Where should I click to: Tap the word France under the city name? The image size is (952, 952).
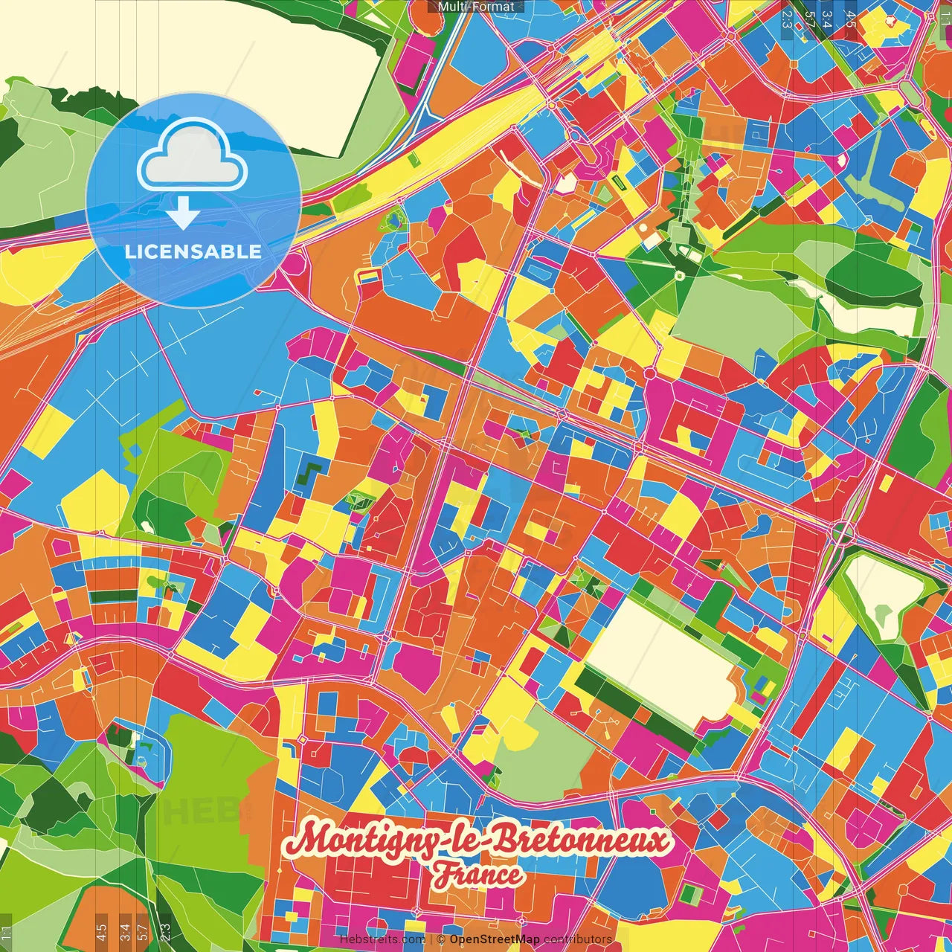tap(479, 875)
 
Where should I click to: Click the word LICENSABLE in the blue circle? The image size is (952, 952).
tap(193, 251)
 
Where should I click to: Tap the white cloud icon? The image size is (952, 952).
tap(193, 158)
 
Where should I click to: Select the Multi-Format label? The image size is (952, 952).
tap(475, 7)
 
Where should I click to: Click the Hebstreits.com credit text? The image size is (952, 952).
tap(382, 939)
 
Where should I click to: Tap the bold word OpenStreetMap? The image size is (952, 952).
tap(495, 939)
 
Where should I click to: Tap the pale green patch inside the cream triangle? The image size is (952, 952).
tap(883, 615)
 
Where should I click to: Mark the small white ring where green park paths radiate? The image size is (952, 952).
tap(679, 275)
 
